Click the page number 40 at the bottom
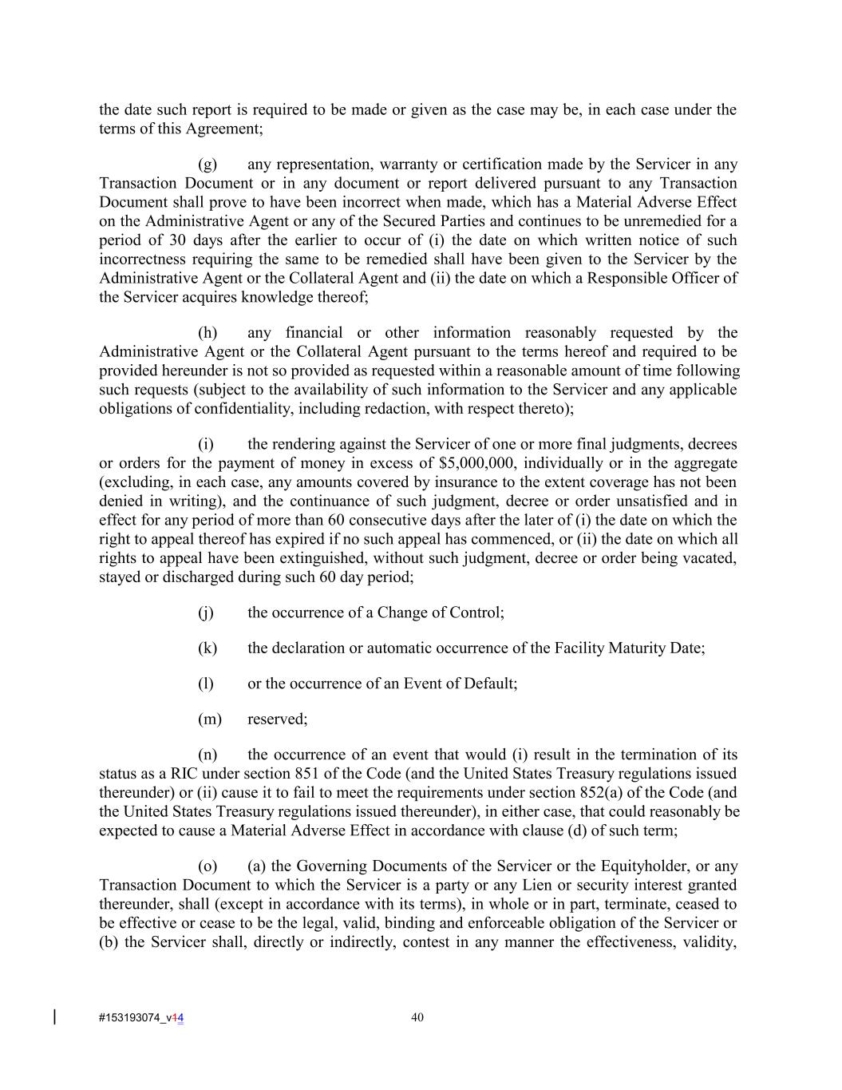click(417, 1017)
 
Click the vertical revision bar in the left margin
click(54, 1017)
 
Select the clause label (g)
click(208, 164)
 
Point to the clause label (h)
click(208, 333)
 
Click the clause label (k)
click(208, 648)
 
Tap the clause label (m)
click(210, 719)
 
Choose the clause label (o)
click(208, 866)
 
